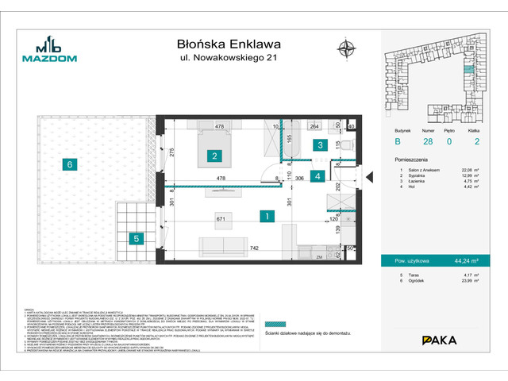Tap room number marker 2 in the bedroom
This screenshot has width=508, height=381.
[214, 156]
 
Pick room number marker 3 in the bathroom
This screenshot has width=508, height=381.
[318, 145]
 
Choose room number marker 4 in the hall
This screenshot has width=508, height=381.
[317, 176]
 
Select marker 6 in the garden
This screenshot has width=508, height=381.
[70, 164]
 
